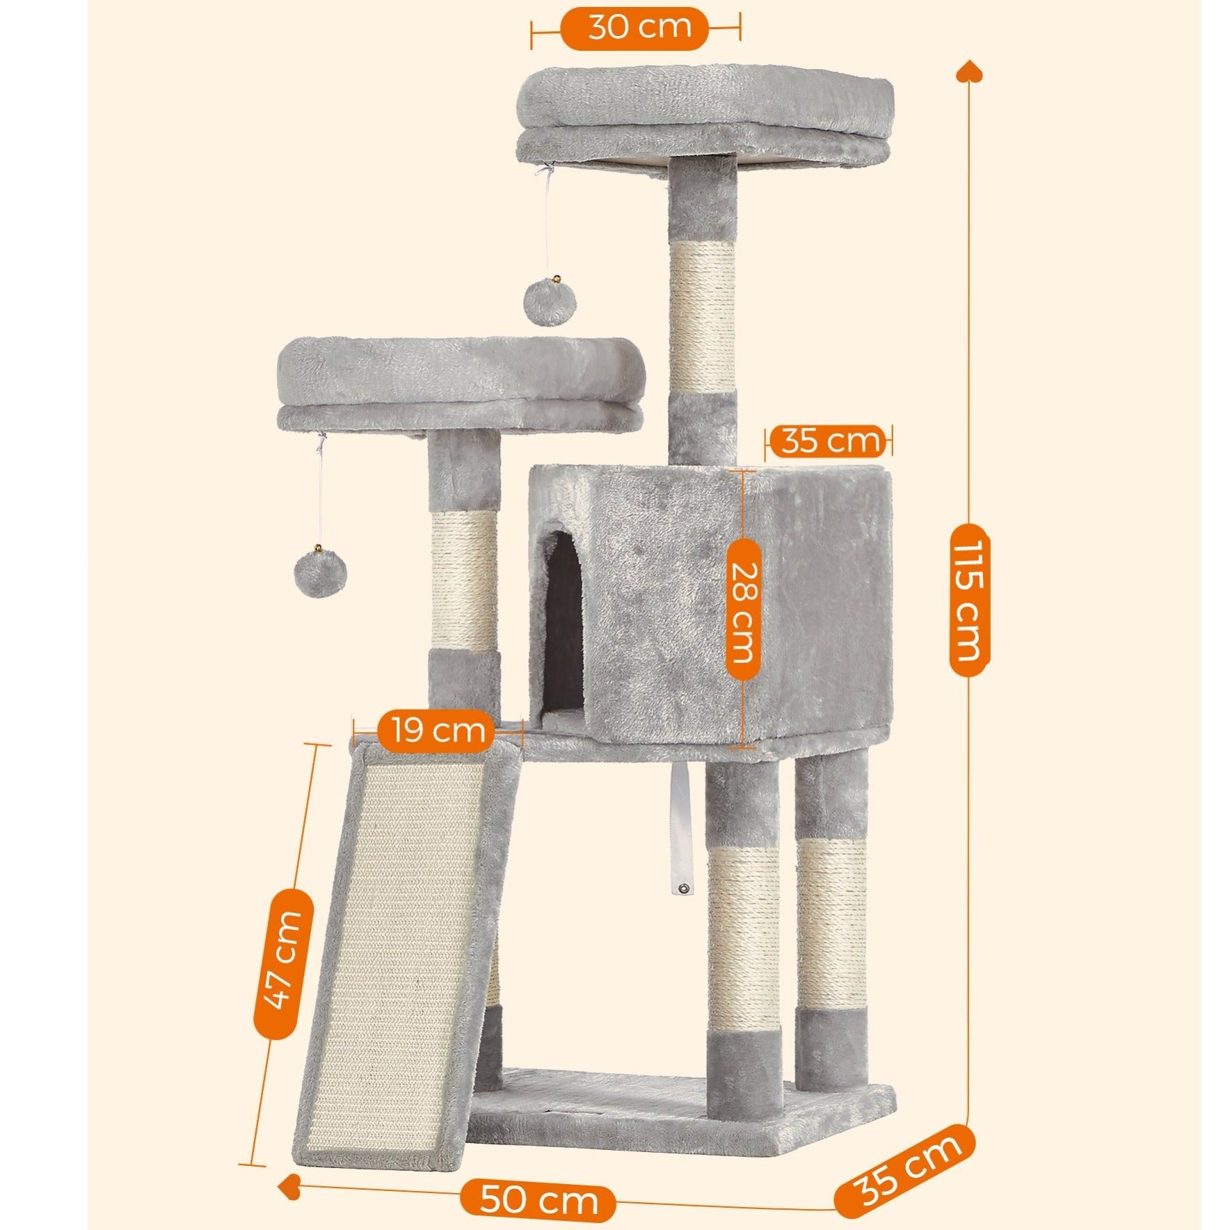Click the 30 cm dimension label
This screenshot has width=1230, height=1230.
640,29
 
